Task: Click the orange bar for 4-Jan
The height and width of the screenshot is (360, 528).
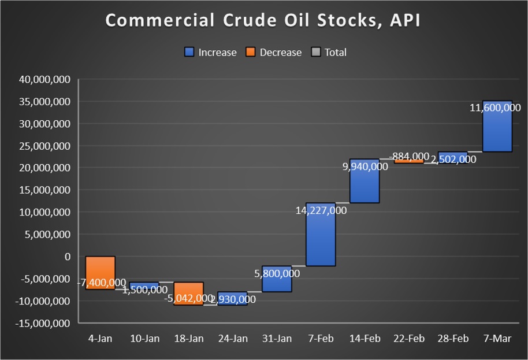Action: [101, 269]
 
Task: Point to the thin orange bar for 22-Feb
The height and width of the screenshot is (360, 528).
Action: [408, 161]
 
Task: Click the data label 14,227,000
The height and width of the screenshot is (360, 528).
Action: [321, 211]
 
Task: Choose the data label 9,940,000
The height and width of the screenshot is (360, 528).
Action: [365, 167]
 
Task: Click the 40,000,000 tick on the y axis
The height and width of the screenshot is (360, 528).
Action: [45, 80]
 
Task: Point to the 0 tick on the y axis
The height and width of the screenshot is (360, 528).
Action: [67, 257]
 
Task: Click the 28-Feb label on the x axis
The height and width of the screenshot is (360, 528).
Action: [452, 339]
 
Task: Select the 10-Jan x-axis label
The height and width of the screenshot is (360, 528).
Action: [144, 339]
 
